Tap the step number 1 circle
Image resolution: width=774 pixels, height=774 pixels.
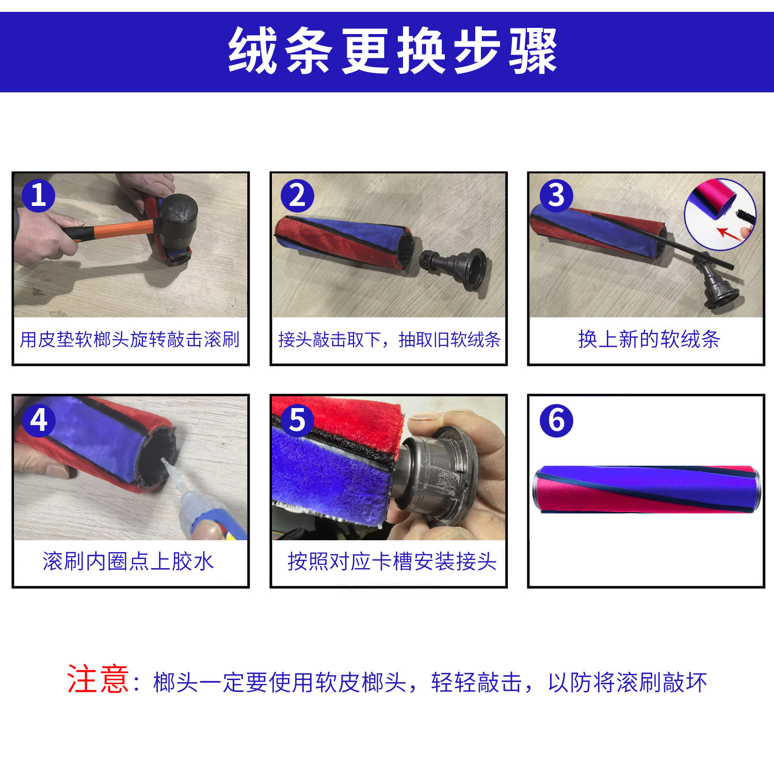tap(38, 196)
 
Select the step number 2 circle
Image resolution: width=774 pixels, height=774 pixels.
tap(297, 196)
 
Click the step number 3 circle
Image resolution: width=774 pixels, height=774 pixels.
tap(556, 196)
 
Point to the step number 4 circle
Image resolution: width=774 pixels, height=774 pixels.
tap(38, 421)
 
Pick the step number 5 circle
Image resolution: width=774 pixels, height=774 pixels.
tap(297, 421)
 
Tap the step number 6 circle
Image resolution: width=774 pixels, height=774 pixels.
tap(556, 421)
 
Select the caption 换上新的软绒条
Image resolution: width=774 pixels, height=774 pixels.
tap(649, 340)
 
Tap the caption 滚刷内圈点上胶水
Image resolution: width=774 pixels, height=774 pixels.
tap(128, 561)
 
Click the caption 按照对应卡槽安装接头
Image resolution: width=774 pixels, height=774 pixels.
tap(392, 561)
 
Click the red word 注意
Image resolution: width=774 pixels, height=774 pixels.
tap(98, 679)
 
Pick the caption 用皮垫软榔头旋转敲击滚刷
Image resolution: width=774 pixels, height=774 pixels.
tap(130, 340)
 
